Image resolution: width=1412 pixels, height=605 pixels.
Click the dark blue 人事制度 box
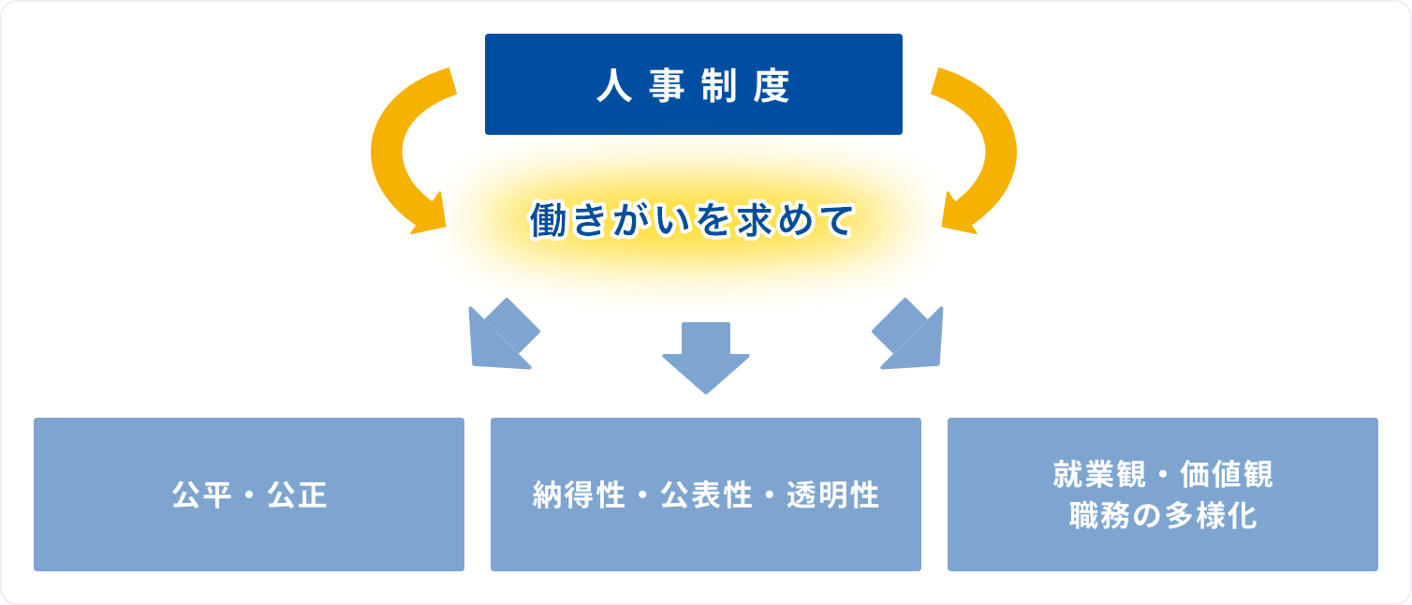(694, 83)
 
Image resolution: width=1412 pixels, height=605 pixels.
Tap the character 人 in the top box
(614, 86)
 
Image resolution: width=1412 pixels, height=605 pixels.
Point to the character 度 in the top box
(771, 86)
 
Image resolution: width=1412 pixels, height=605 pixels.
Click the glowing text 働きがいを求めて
(692, 221)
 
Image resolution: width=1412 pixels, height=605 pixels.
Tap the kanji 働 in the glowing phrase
(549, 221)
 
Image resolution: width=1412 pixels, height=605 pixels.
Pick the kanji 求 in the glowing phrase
(756, 221)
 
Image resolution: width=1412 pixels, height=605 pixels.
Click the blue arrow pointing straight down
(706, 358)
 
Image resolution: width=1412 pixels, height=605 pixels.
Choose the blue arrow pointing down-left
(503, 334)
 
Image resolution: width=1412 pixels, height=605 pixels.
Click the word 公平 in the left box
(201, 494)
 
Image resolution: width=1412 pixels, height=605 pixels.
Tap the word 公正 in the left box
(297, 494)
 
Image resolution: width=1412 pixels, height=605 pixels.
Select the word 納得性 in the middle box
(579, 494)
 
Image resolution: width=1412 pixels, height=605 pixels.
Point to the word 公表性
(706, 494)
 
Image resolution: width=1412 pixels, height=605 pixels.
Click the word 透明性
(832, 494)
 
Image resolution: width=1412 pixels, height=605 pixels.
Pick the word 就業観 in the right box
(1099, 474)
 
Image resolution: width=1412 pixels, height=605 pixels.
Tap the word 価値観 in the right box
(1226, 474)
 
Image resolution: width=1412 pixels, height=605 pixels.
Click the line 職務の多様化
(1163, 515)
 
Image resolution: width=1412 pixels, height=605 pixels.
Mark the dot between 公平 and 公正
(250, 494)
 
